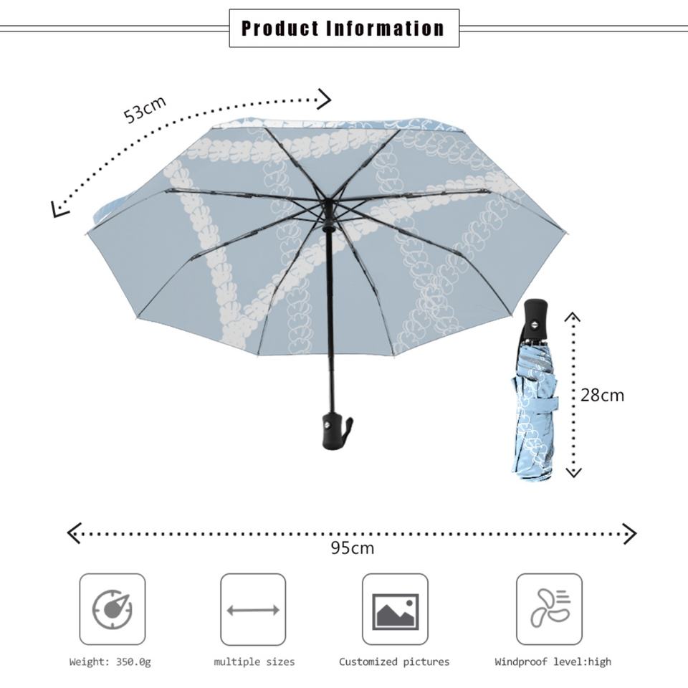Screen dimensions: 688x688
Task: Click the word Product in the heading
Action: coord(279,29)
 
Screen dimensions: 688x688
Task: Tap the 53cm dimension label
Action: coord(145,109)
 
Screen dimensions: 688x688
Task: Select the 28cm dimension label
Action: coord(602,395)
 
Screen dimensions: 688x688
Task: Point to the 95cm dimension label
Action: coord(352,548)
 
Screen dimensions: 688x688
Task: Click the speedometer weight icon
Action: coord(113,609)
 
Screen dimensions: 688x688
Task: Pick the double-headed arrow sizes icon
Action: coord(253,610)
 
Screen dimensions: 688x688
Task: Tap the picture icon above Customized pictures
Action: coord(395,610)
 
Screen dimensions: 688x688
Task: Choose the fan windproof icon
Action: coord(550,609)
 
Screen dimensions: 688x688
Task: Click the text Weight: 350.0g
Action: coord(110,662)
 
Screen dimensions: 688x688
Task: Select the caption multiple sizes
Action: coord(254,662)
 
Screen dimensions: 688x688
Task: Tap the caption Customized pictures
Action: coord(394,662)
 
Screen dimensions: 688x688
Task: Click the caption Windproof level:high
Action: coord(553,662)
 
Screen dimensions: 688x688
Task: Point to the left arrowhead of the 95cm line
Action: coord(72,533)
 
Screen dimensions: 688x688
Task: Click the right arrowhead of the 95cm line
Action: coord(631,533)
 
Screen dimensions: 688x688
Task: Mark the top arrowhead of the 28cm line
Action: coord(573,316)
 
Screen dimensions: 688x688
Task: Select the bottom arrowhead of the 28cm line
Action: coord(573,472)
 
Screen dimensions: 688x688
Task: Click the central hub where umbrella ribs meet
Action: coord(328,206)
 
